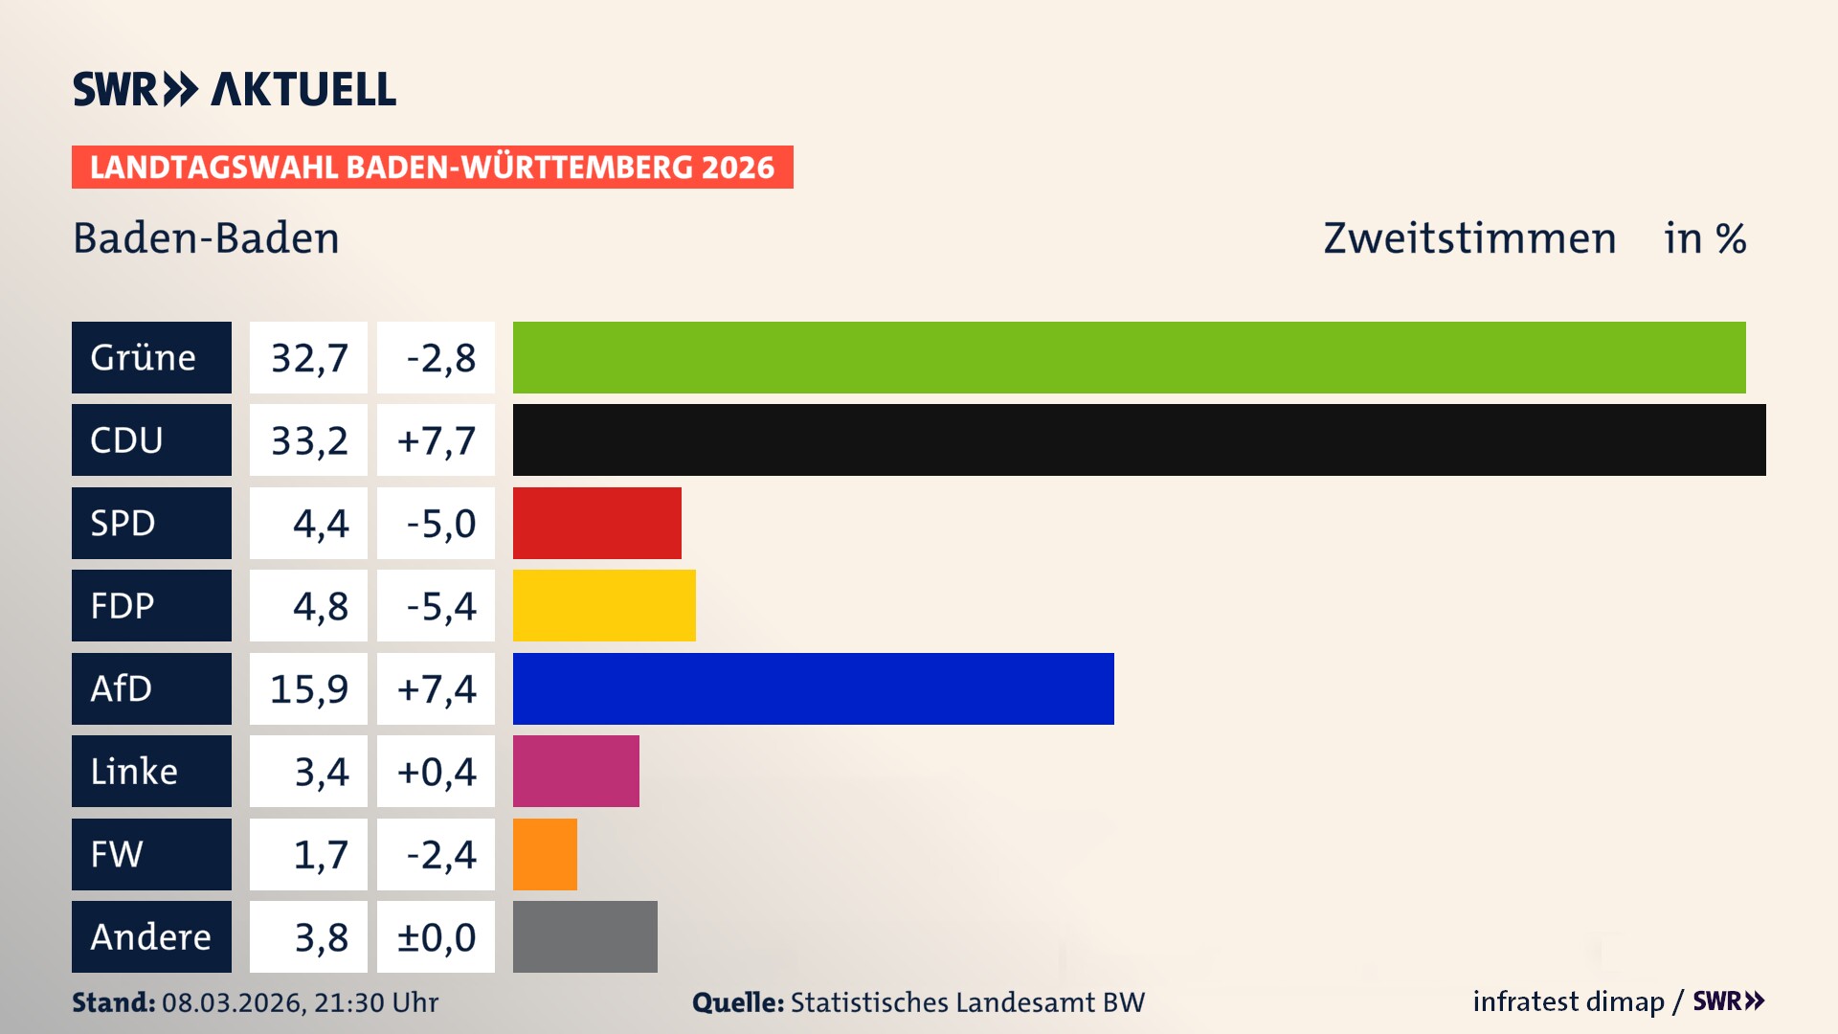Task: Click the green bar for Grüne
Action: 1129,357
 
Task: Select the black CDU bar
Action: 1138,439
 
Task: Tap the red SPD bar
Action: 596,523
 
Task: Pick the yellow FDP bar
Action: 604,605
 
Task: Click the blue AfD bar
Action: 813,688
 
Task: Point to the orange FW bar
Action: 545,854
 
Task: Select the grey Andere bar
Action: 585,936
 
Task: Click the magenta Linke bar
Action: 575,771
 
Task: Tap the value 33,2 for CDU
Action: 308,440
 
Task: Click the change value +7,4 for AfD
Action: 436,688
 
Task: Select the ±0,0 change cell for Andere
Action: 436,936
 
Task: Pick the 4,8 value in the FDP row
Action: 320,606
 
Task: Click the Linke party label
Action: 151,771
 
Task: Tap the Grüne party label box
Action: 151,357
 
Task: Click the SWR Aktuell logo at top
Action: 234,89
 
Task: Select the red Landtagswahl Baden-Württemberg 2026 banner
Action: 432,167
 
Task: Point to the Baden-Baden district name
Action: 206,237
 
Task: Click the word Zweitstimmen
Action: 1468,237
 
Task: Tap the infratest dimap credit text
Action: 1567,1001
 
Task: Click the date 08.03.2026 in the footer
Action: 233,1002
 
